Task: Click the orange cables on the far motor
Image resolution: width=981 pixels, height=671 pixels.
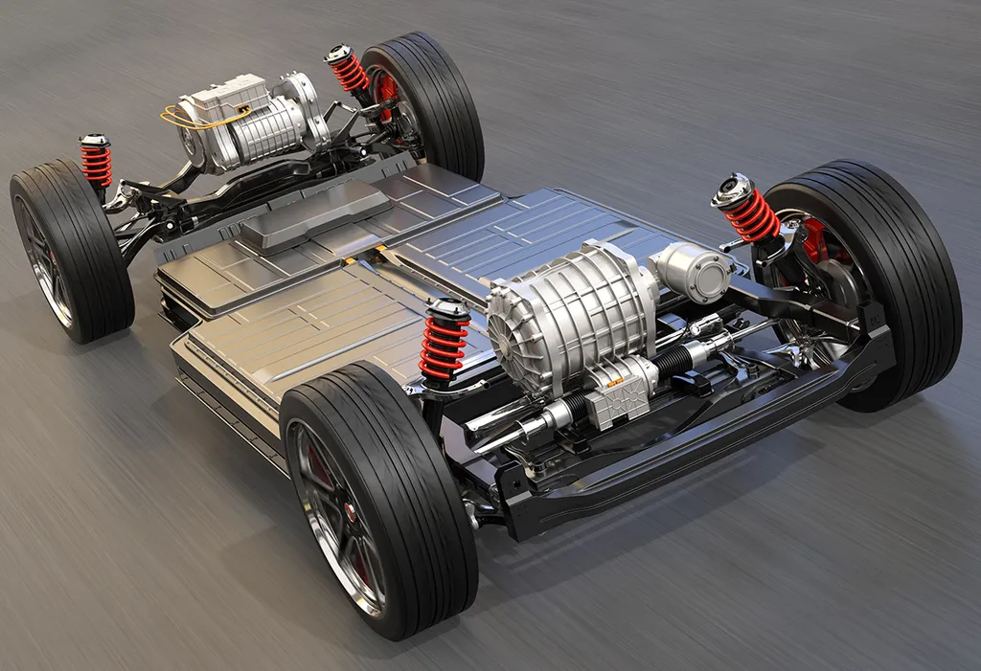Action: click(x=182, y=117)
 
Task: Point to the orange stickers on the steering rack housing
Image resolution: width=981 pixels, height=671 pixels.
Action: click(x=613, y=383)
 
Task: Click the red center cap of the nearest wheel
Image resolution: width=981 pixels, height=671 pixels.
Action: click(x=351, y=513)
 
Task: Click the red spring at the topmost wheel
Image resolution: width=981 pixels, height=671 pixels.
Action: click(x=351, y=73)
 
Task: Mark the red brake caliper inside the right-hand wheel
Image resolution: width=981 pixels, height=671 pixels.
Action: click(x=815, y=239)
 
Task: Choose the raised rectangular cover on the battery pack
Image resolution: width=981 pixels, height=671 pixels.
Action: click(x=317, y=214)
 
